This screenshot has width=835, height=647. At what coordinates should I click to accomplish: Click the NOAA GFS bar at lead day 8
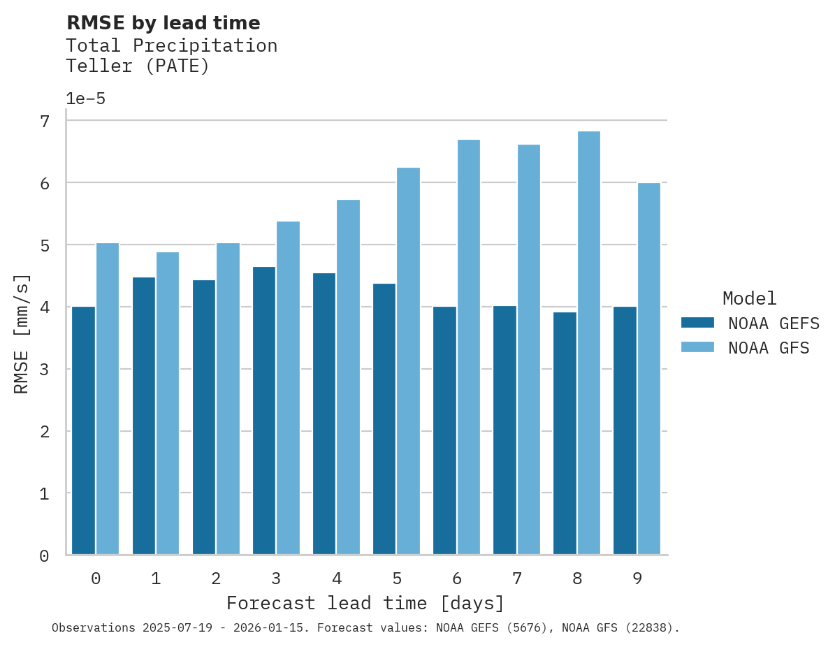pyautogui.click(x=589, y=342)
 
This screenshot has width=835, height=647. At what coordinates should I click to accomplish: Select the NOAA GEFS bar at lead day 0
pyautogui.click(x=83, y=430)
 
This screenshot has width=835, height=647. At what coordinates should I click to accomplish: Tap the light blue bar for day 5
pyautogui.click(x=409, y=361)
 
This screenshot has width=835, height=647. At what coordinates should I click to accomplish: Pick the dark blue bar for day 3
pyautogui.click(x=264, y=410)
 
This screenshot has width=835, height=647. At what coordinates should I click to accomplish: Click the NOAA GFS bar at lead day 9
pyautogui.click(x=649, y=368)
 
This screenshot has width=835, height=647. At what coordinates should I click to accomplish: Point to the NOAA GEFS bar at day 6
pyautogui.click(x=444, y=430)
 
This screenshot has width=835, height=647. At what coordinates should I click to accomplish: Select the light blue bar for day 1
pyautogui.click(x=168, y=403)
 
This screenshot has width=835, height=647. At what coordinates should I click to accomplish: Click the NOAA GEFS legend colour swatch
pyautogui.click(x=697, y=323)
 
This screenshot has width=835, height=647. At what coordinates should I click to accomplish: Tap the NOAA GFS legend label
pyautogui.click(x=769, y=348)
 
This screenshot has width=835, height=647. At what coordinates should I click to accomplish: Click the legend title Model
pyautogui.click(x=749, y=299)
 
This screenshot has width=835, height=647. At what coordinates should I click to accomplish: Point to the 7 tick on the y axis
pyautogui.click(x=45, y=122)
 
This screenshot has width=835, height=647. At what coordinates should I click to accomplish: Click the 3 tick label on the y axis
pyautogui.click(x=45, y=370)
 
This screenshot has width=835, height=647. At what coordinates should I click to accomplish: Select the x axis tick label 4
pyautogui.click(x=337, y=579)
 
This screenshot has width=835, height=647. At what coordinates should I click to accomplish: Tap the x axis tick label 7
pyautogui.click(x=517, y=579)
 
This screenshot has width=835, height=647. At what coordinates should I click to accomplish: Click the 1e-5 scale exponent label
pyautogui.click(x=85, y=99)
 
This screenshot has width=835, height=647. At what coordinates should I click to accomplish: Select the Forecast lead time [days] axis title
pyautogui.click(x=365, y=603)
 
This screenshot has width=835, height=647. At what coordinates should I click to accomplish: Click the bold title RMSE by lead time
pyautogui.click(x=163, y=23)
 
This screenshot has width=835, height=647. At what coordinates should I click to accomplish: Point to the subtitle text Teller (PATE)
pyautogui.click(x=137, y=67)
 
